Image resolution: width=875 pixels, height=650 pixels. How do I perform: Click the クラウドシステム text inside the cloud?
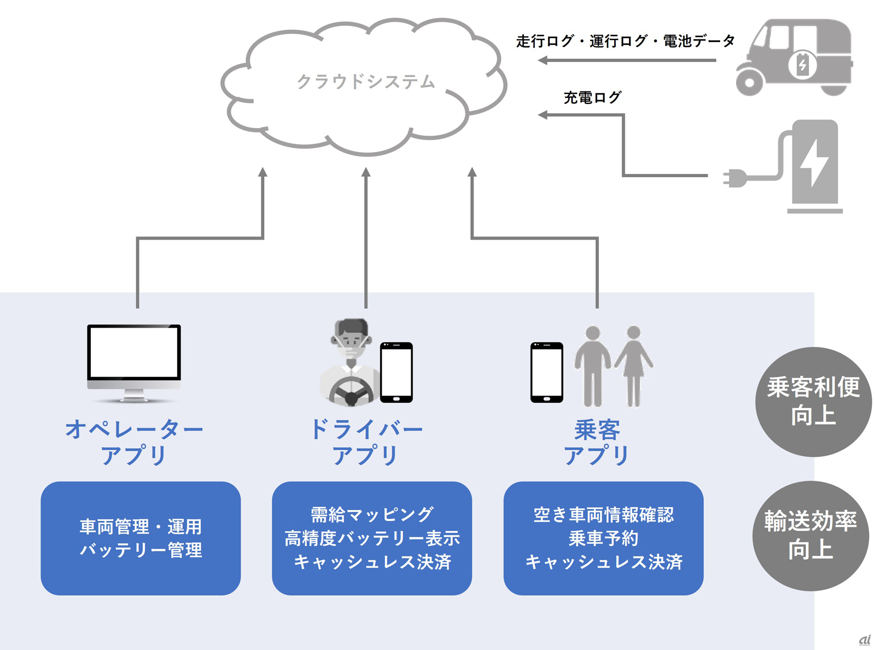tap(365, 82)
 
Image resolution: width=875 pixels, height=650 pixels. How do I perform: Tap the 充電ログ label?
tap(592, 98)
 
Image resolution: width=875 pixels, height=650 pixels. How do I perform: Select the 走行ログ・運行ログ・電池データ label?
tap(625, 41)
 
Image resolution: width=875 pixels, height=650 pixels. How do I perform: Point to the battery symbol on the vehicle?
tap(802, 65)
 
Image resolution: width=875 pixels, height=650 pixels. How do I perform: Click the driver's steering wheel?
tap(351, 392)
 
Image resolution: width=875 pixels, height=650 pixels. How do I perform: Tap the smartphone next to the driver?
tap(396, 373)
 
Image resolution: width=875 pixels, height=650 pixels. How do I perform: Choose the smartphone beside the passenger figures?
tap(546, 373)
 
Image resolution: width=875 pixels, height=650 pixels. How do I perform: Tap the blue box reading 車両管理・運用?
tap(141, 538)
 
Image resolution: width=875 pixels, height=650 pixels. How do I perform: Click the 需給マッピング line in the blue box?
tap(372, 514)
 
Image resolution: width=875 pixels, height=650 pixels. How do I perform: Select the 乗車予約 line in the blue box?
tap(603, 538)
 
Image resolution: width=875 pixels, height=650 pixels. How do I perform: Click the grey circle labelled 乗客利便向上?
tap(813, 402)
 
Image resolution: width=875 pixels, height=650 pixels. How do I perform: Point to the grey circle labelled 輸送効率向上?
tap(810, 536)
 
